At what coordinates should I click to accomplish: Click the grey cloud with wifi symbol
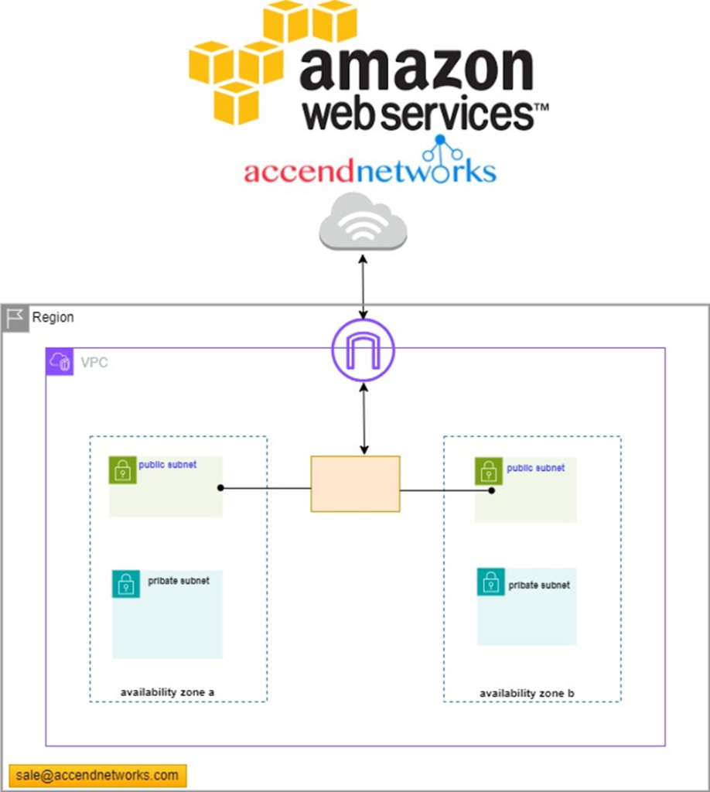[x=363, y=221]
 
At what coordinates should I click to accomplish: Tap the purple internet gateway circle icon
[x=363, y=350]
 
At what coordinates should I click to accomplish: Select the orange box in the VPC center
[x=355, y=483]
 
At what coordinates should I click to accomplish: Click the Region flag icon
[x=15, y=318]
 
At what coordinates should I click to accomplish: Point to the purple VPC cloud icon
[x=60, y=362]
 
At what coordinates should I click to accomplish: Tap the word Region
[x=53, y=318]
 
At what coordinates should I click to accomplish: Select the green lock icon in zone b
[x=488, y=471]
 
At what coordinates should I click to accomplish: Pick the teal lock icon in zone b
[x=490, y=582]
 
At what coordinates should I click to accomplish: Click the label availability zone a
[x=167, y=691]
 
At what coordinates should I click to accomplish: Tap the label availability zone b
[x=527, y=693]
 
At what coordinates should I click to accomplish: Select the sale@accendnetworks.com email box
[x=97, y=775]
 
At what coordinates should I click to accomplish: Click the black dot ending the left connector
[x=220, y=488]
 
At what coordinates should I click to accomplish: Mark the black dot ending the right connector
[x=491, y=490]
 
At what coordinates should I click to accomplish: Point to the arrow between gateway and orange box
[x=364, y=418]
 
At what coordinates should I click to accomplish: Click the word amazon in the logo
[x=415, y=69]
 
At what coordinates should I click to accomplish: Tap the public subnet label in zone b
[x=535, y=468]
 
